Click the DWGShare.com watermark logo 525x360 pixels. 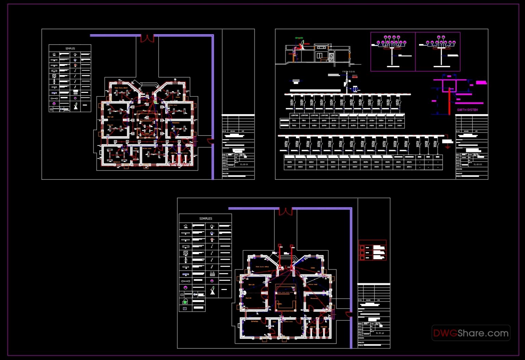click(471, 333)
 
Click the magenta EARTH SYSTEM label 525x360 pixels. click(467, 110)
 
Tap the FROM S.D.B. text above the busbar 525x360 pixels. click(349, 72)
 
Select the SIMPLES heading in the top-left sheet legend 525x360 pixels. click(70, 49)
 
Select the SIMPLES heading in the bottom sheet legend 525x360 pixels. click(205, 218)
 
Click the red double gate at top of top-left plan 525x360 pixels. click(147, 38)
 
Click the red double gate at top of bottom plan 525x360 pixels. click(285, 211)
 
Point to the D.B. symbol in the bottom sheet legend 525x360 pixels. click(212, 273)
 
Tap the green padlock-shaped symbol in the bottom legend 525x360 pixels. click(185, 301)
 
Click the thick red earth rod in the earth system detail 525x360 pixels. click(449, 101)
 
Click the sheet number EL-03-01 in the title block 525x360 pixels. click(244, 164)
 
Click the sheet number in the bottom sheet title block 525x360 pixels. click(380, 333)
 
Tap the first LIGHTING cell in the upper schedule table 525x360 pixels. click(294, 115)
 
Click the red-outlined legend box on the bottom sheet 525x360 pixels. click(372, 250)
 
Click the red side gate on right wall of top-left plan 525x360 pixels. click(211, 141)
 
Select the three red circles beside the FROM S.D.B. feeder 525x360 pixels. click(355, 77)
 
